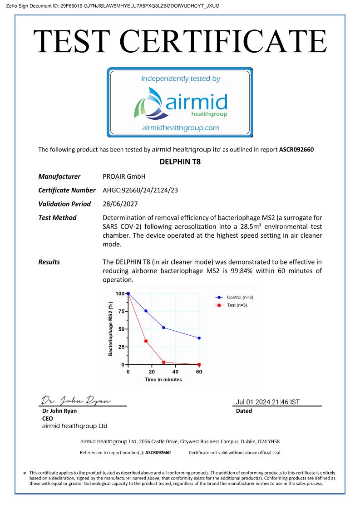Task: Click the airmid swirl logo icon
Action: [x=149, y=103]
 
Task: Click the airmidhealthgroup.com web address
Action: [x=180, y=127]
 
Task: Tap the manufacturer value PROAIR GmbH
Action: [x=124, y=176]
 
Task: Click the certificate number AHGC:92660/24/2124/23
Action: [x=140, y=190]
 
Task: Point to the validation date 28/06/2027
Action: [x=120, y=204]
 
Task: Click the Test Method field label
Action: [x=57, y=218]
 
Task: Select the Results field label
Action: [x=49, y=262]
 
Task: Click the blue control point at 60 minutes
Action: [x=199, y=338]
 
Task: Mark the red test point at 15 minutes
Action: [x=146, y=341]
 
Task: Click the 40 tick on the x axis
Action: [x=175, y=372]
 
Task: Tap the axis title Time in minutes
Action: [x=163, y=379]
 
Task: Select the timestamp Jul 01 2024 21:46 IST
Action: [x=267, y=402]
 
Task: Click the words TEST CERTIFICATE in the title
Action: [x=180, y=42]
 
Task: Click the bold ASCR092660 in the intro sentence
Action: [x=296, y=149]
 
